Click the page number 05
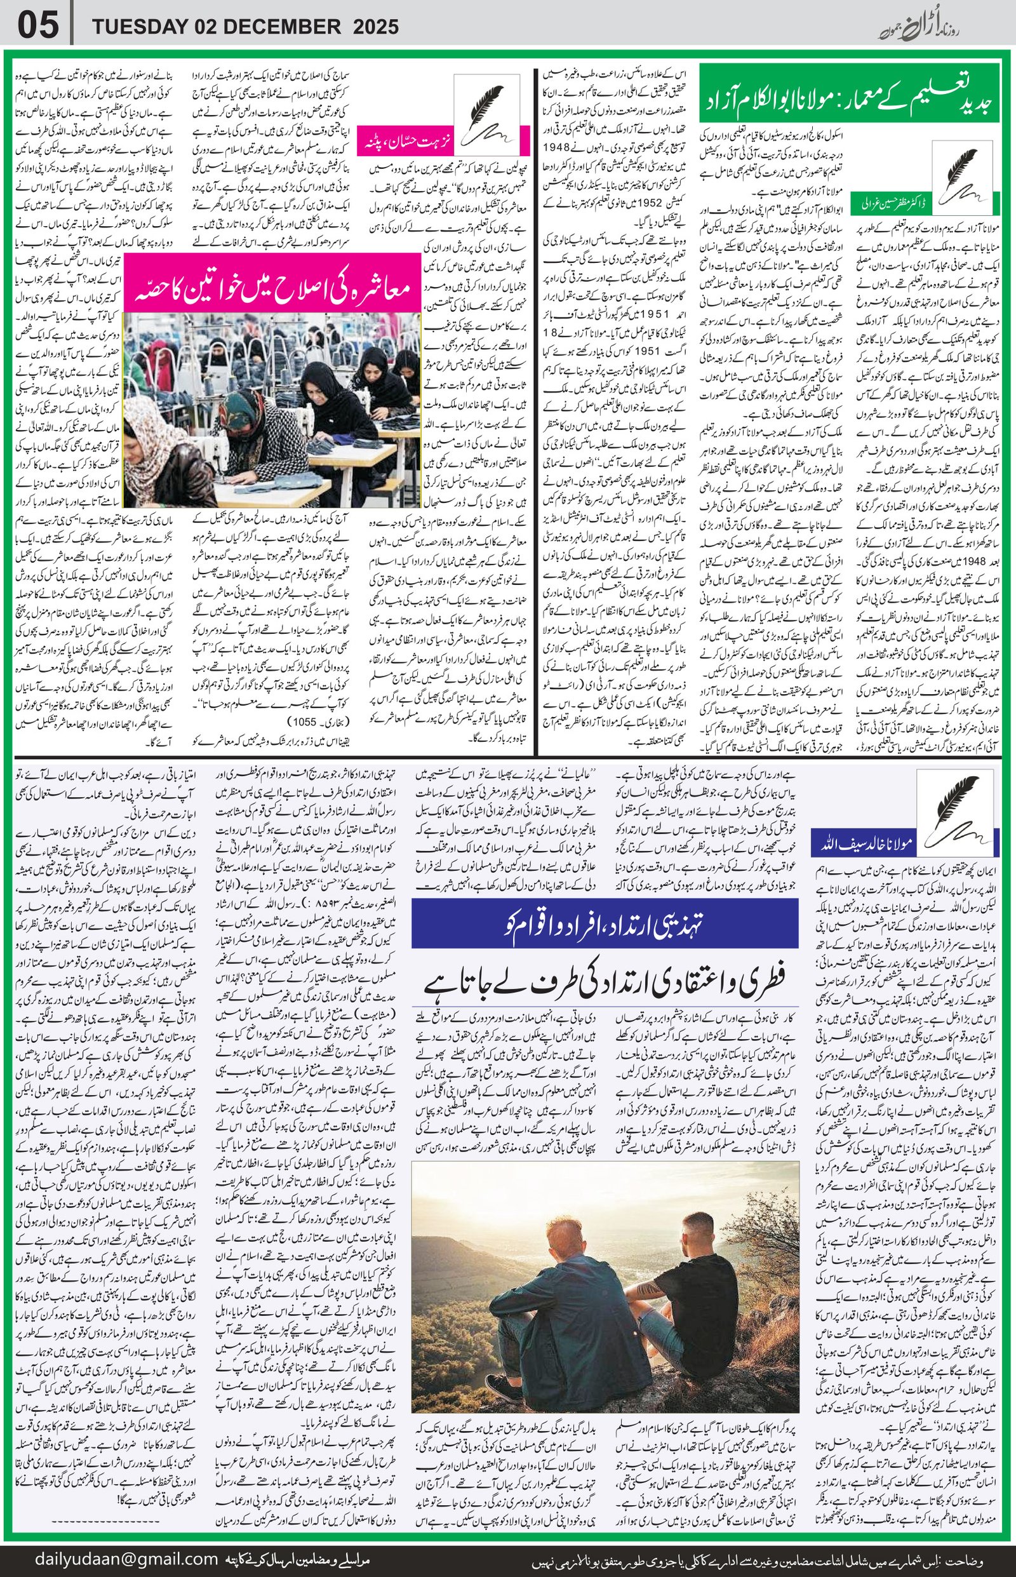pyautogui.click(x=38, y=26)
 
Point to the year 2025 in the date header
pyautogui.click(x=375, y=27)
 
